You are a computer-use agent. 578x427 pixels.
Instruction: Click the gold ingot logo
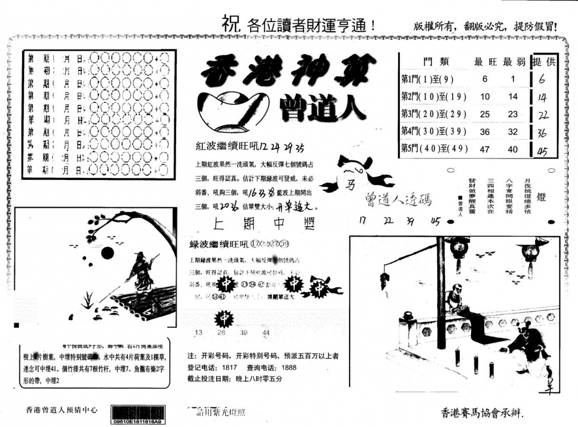233,110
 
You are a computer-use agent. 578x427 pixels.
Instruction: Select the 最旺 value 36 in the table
485,132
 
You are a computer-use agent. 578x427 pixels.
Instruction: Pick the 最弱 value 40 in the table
513,149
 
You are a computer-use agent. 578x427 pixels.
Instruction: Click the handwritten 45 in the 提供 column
542,151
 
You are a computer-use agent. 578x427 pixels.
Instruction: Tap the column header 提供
544,62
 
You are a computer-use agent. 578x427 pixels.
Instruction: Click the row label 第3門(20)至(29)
433,114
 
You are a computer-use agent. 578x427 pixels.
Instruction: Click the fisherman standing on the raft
141,273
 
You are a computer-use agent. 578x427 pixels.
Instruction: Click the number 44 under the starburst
266,333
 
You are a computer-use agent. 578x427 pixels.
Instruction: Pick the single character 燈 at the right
541,197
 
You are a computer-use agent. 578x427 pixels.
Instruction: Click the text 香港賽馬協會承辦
481,413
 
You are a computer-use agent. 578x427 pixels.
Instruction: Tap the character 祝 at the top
230,23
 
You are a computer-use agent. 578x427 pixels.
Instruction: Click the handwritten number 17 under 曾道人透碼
363,220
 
